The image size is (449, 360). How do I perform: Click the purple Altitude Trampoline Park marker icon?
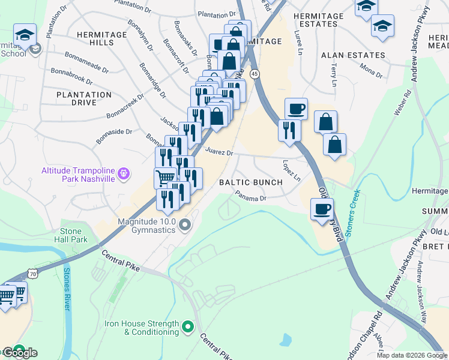pos(124,173)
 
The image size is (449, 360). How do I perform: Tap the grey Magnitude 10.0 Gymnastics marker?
pos(185,226)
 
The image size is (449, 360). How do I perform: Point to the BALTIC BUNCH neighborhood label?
pos(250,182)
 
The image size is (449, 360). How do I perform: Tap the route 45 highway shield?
pos(255,73)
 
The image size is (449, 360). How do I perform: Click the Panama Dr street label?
pos(250,196)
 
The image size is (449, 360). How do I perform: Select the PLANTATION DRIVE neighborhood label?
pos(84,98)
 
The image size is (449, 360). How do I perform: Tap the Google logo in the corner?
pos(19,353)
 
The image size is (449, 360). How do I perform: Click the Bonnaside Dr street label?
pos(113,136)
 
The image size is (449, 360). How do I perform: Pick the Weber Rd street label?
pos(403,103)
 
